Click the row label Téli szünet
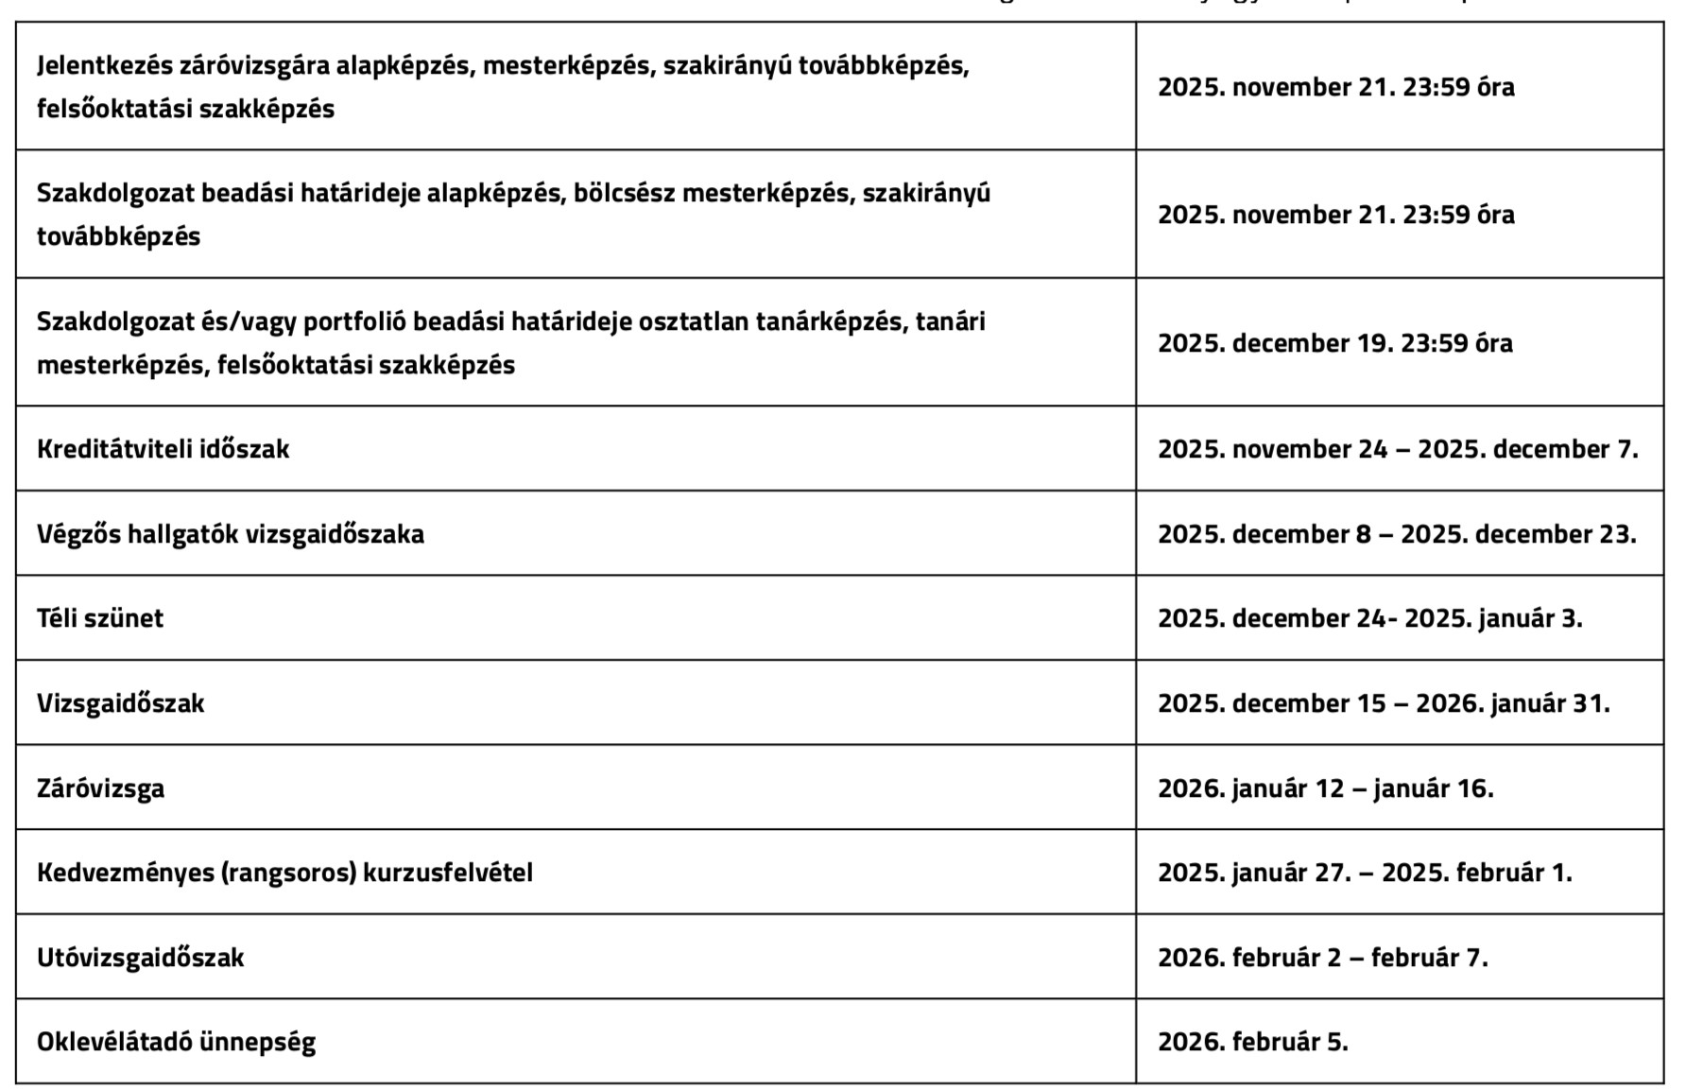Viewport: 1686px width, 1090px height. click(100, 618)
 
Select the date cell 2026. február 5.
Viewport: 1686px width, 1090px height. click(1252, 1042)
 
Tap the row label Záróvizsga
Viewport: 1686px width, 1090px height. click(100, 788)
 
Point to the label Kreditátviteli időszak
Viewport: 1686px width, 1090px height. click(163, 449)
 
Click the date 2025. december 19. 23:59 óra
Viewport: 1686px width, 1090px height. click(1334, 343)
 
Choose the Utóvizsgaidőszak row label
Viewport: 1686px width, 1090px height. click(140, 958)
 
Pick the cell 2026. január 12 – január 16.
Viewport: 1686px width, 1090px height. click(1325, 788)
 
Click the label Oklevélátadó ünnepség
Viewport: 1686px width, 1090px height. click(176, 1042)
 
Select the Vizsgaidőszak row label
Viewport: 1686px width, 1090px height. click(120, 703)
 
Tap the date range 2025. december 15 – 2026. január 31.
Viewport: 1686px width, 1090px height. click(1383, 703)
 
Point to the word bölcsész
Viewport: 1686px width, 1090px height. click(625, 194)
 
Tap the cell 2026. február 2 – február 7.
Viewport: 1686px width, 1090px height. click(1322, 958)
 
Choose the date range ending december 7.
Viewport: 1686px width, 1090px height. click(1398, 449)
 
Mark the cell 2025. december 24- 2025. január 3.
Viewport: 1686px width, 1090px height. click(1369, 618)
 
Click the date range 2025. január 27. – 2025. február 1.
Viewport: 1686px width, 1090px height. click(1365, 873)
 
